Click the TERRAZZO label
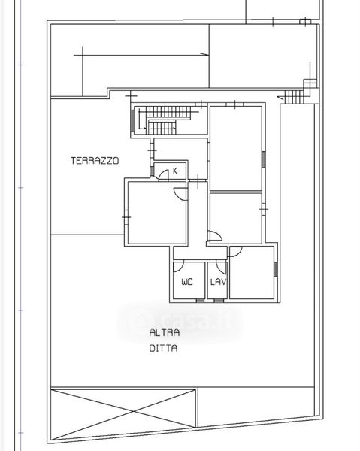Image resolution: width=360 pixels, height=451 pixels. point(95,161)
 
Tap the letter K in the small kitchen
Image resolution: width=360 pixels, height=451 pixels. point(175,171)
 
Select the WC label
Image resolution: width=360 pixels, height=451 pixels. point(187,282)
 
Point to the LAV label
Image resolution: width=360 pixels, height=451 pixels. point(218,282)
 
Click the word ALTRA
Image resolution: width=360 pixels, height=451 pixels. point(165,333)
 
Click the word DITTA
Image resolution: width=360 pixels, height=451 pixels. point(163,348)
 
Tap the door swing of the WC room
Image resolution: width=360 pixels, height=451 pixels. point(179,267)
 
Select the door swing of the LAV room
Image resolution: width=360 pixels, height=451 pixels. point(221,268)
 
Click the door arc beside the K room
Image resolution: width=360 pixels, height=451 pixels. point(164,175)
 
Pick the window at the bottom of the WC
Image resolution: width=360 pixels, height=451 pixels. point(200,301)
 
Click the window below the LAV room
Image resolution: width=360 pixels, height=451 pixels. point(219,301)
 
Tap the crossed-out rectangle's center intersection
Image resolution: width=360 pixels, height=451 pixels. point(134,412)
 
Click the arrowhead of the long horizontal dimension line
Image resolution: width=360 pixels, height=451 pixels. point(204,54)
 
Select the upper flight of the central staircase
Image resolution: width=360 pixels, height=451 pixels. point(168,112)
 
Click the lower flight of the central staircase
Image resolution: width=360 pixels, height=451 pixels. point(162,128)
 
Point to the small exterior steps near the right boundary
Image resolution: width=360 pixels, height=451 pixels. point(293,97)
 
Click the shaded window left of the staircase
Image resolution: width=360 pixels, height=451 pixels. point(132,121)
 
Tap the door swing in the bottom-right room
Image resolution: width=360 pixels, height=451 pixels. point(236,252)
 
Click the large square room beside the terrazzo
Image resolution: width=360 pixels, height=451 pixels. point(157,213)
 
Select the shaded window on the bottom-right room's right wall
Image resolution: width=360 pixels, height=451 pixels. point(276,269)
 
